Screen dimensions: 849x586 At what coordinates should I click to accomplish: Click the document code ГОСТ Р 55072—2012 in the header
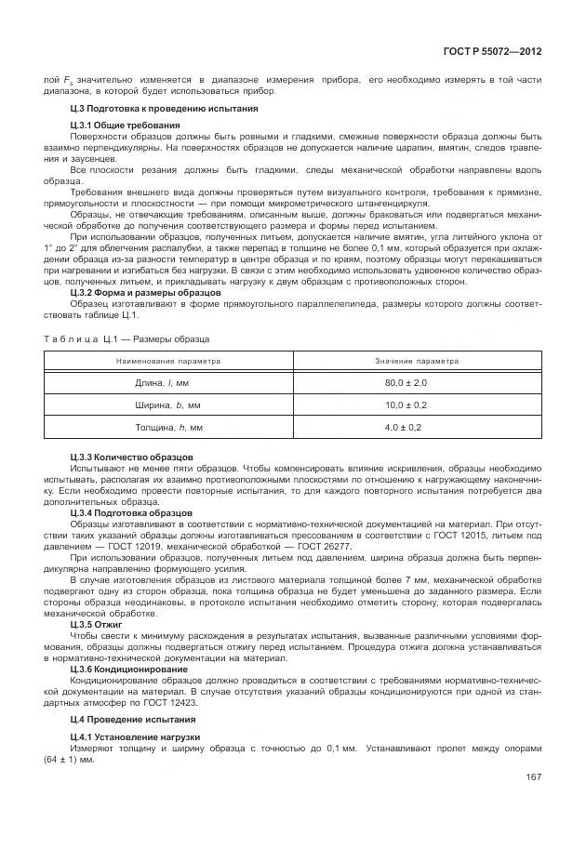(494, 54)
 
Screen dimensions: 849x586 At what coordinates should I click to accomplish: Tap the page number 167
(533, 777)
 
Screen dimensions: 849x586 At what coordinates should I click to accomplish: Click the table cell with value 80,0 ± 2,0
(405, 382)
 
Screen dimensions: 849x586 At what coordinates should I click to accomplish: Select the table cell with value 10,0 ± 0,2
(405, 405)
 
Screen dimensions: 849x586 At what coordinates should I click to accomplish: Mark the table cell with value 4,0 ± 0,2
(405, 427)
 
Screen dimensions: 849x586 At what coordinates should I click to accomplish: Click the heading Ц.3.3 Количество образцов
(131, 457)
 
